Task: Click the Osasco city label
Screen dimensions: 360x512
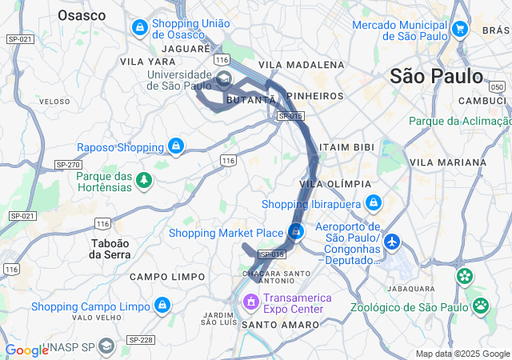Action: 82,15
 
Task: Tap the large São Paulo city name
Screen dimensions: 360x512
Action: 436,76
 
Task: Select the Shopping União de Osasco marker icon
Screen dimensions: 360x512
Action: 140,28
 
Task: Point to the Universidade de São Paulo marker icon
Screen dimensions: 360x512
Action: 223,79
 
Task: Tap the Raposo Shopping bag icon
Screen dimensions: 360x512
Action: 176,146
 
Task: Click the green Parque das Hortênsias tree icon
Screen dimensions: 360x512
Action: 144,180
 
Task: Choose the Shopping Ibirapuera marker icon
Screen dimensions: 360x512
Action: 372,203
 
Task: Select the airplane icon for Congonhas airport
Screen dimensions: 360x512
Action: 392,240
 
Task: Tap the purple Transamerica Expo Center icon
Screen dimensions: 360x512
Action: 250,302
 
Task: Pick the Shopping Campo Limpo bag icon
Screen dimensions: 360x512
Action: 163,306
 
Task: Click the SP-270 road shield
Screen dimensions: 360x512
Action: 68,164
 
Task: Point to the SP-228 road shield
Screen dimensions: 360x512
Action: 141,340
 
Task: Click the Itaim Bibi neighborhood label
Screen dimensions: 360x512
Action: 346,148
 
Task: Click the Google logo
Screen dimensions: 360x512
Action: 26,350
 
